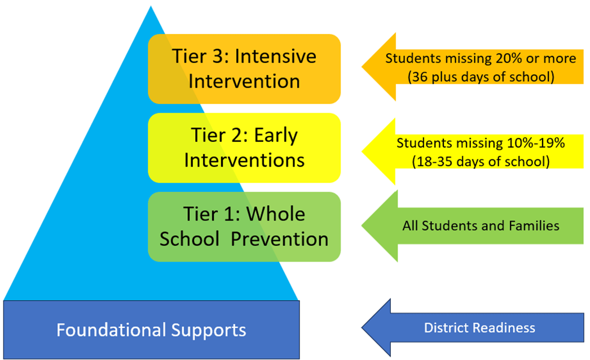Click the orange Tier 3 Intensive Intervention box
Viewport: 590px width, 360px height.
(244, 69)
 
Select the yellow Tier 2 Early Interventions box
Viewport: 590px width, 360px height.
(244, 148)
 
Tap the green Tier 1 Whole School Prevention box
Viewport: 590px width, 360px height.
(244, 227)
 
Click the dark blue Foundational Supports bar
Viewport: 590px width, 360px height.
(151, 329)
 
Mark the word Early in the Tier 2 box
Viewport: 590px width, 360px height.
(275, 136)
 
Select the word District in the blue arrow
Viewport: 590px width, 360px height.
(444, 328)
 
